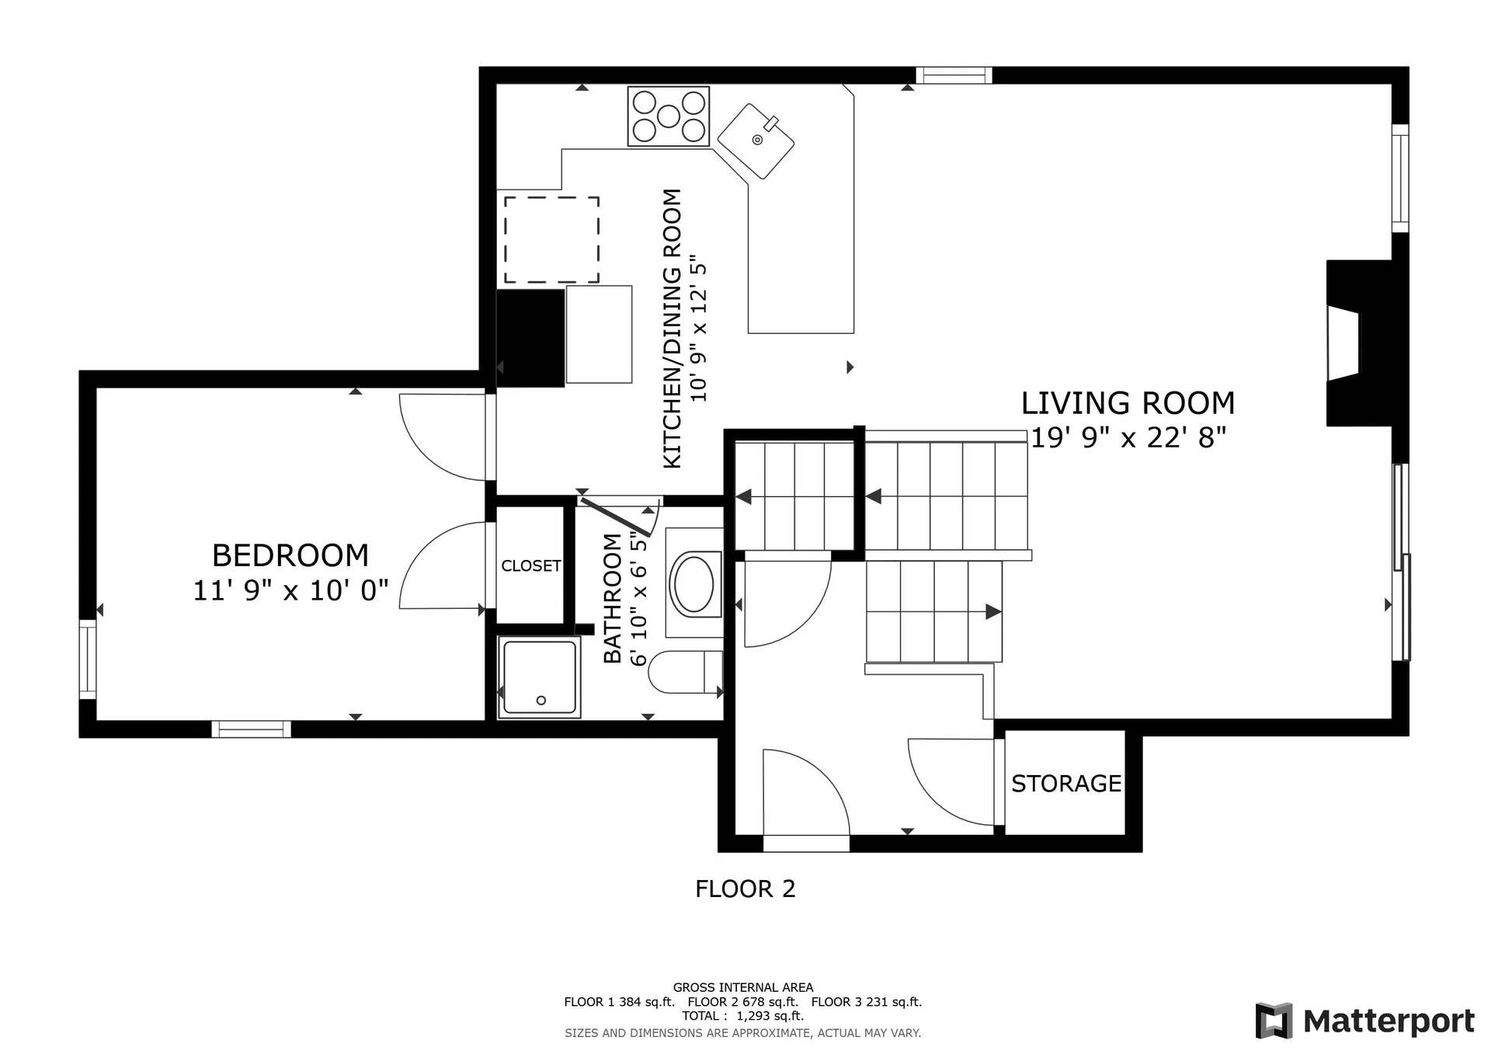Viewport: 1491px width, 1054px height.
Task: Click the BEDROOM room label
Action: coord(290,555)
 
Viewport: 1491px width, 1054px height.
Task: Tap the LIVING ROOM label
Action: coord(1127,403)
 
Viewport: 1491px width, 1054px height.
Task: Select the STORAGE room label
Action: coord(1065,783)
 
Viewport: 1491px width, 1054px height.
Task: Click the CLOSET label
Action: coord(530,565)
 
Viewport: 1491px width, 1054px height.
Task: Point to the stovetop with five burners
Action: coord(668,117)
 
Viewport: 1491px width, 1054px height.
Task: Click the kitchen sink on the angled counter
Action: coord(756,141)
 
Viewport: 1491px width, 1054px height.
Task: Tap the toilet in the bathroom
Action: coord(683,672)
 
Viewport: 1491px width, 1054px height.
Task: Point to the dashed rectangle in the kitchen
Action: coord(551,239)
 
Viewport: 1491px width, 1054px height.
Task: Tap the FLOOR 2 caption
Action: coord(745,889)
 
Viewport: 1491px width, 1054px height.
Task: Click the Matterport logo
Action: coord(1364,1021)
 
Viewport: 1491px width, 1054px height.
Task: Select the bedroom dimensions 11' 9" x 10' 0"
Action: coord(290,590)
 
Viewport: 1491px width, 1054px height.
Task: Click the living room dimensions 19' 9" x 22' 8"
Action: coord(1128,437)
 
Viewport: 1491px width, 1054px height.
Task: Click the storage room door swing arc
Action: coord(944,784)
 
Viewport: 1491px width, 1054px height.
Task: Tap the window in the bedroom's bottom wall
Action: coord(251,729)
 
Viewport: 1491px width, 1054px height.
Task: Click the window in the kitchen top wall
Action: coord(954,75)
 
